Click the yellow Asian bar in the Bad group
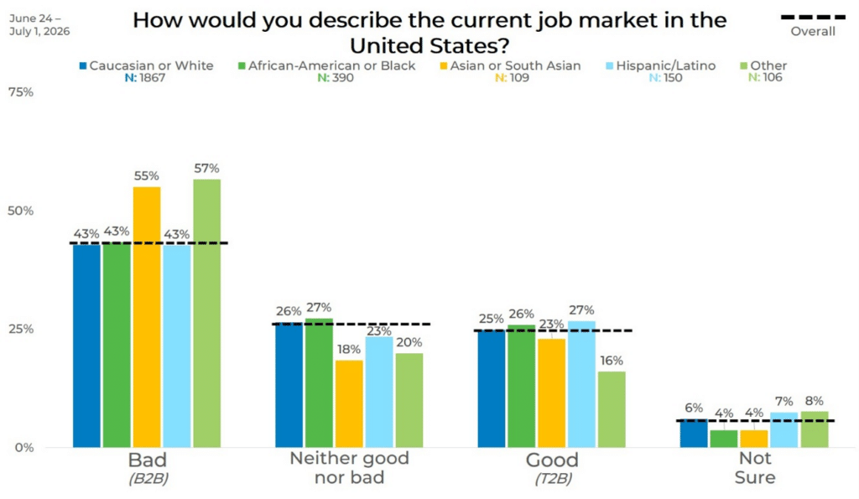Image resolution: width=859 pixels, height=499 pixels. click(147, 317)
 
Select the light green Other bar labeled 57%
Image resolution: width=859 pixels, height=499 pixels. click(206, 314)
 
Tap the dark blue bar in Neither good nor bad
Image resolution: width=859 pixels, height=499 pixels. click(289, 385)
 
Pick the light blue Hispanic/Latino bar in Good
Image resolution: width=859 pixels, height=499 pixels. click(581, 384)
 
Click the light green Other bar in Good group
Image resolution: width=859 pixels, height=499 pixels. click(612, 410)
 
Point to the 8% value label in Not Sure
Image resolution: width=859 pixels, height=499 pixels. click(814, 401)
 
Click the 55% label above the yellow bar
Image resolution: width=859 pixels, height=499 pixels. click(146, 176)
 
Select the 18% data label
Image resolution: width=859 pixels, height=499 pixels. click(349, 350)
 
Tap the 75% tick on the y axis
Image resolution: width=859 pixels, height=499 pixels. click(21, 92)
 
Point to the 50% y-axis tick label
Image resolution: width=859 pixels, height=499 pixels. click(21, 211)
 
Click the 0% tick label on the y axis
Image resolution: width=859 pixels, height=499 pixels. click(24, 448)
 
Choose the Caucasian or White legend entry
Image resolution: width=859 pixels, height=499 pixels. click(146, 65)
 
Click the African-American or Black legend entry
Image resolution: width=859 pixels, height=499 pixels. click(326, 65)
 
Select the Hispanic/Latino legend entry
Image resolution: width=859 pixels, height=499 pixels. click(660, 65)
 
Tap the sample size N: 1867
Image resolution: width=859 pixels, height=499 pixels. click(144, 78)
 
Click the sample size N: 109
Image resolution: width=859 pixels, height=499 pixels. click(513, 78)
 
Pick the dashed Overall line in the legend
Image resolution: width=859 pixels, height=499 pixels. click(813, 18)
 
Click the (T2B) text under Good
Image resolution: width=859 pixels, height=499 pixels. click(554, 479)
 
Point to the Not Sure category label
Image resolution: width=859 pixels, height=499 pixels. click(755, 468)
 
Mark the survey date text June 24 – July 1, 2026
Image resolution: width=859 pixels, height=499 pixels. click(39, 25)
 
